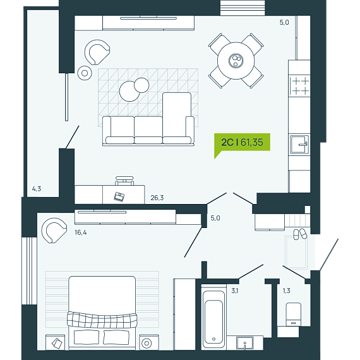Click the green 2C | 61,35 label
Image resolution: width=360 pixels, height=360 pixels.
[242, 143]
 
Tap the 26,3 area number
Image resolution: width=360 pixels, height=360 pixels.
[157, 198]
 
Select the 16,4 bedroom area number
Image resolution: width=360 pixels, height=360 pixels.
[81, 232]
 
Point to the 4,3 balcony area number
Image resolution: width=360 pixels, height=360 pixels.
[37, 189]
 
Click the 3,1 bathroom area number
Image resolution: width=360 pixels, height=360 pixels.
[235, 291]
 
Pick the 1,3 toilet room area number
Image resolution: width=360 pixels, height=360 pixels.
[286, 291]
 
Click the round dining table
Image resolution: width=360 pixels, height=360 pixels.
[236, 61]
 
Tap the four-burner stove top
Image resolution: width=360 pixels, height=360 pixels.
[299, 86]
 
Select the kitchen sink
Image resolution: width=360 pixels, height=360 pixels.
[299, 145]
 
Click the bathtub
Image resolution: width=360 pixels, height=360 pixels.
[213, 317]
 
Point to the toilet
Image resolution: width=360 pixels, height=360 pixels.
[294, 315]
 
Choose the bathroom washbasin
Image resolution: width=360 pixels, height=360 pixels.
[245, 343]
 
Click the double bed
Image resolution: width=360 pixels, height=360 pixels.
[102, 313]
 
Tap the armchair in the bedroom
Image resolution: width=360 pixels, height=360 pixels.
[54, 231]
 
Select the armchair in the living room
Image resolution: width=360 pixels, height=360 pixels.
[97, 52]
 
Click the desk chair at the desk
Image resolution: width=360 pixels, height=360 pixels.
[124, 181]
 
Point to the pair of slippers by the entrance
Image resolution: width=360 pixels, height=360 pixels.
[300, 234]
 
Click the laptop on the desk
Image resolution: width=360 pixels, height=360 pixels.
[119, 196]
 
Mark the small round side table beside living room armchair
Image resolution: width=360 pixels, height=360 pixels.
[85, 73]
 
